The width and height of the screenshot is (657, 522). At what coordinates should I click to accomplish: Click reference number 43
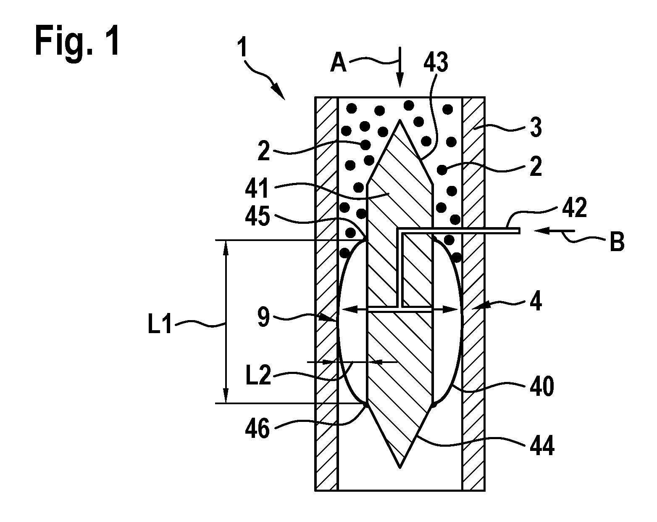tap(436, 62)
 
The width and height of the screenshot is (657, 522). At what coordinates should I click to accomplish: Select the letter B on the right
tap(617, 241)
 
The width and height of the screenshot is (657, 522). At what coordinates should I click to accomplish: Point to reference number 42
tap(574, 208)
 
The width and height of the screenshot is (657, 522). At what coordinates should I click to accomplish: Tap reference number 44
tap(542, 446)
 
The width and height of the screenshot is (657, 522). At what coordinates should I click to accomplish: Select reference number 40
tap(542, 387)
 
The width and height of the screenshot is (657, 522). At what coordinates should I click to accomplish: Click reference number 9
tap(264, 317)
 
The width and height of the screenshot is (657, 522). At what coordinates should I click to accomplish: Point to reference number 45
tap(258, 216)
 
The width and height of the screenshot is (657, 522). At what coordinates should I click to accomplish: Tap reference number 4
tap(536, 301)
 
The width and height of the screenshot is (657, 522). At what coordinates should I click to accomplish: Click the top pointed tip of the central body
tap(399, 120)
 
